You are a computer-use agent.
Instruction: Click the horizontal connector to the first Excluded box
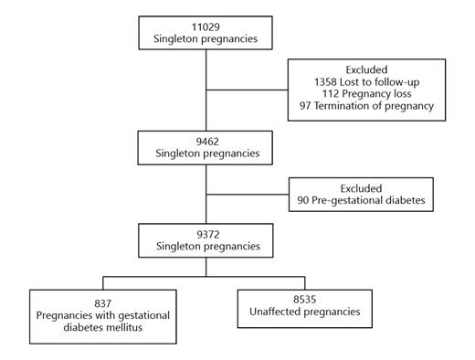tap(248, 89)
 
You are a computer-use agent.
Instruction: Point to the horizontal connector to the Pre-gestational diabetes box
tap(248, 195)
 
